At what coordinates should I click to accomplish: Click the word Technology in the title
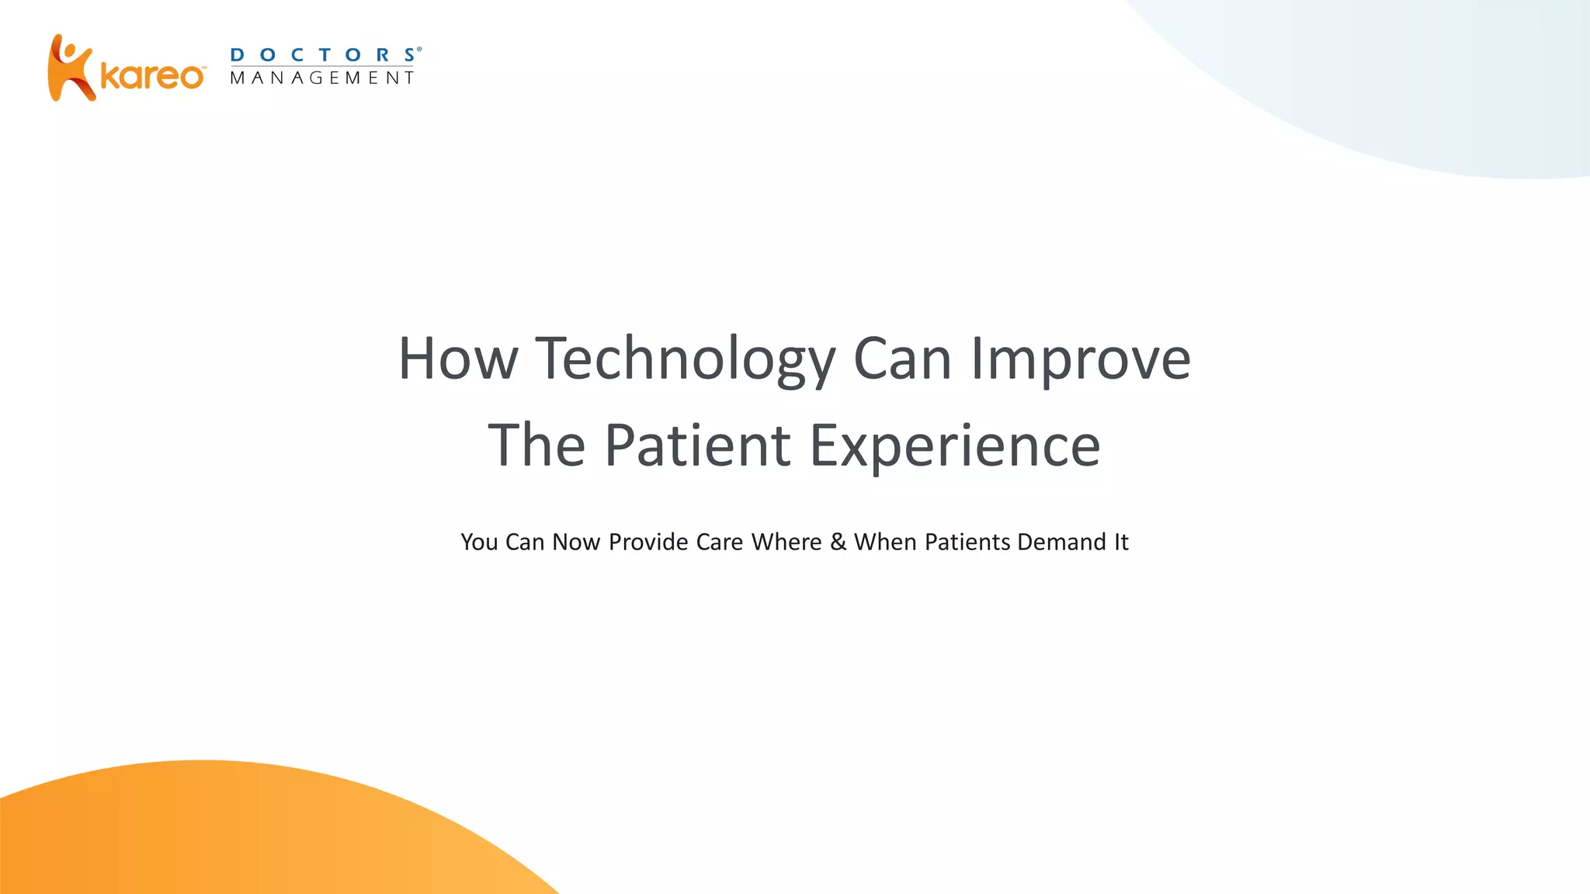click(x=686, y=359)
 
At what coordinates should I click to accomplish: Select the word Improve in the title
click(x=1081, y=359)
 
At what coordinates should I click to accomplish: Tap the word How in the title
click(x=457, y=359)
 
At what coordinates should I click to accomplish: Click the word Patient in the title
click(x=697, y=445)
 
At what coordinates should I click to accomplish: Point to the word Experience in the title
click(x=955, y=445)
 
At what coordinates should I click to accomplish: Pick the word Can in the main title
click(x=902, y=359)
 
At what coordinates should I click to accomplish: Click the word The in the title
click(x=536, y=445)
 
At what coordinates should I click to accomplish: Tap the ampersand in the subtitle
click(x=838, y=542)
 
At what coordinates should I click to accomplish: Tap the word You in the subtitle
click(x=479, y=542)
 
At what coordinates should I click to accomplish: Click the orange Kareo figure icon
click(x=70, y=68)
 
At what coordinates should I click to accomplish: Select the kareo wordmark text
click(x=152, y=77)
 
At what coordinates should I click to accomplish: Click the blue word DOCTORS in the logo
click(x=325, y=55)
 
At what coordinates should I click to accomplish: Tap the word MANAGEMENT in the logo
click(x=322, y=78)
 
